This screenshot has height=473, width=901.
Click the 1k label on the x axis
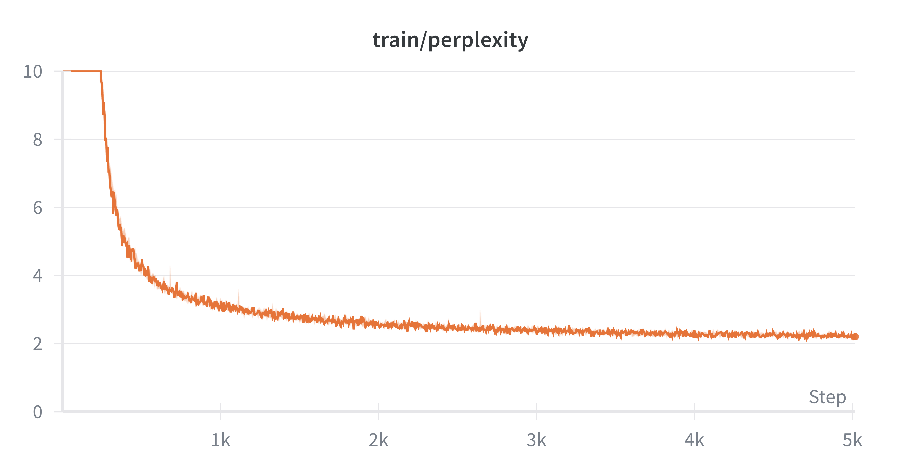point(220,440)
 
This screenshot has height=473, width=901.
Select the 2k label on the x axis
point(379,440)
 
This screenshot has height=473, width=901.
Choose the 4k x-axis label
point(694,440)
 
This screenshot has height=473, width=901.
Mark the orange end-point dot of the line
point(855,337)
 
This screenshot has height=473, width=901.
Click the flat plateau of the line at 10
point(82,71)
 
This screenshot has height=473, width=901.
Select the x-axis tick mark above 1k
point(220,407)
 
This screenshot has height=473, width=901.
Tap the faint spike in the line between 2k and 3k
point(480,315)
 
